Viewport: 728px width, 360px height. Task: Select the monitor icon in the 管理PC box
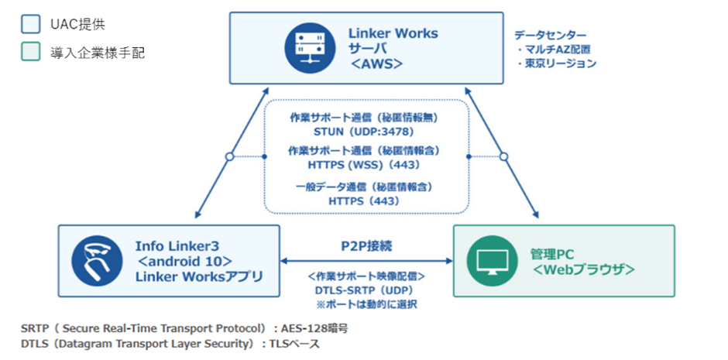point(493,261)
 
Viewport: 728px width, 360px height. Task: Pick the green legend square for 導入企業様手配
point(30,52)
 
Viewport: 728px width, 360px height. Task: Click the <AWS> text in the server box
point(377,64)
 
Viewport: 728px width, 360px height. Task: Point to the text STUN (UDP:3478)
point(364,132)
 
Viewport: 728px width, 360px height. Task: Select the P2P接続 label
point(366,246)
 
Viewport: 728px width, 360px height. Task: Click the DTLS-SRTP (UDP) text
point(366,290)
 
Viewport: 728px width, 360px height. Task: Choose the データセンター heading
point(551,36)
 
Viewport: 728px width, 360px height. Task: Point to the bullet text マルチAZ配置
point(560,50)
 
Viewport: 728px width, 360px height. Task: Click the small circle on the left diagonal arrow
point(228,156)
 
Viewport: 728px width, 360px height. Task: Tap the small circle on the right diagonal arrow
point(503,156)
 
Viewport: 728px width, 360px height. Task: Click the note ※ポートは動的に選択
point(366,303)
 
